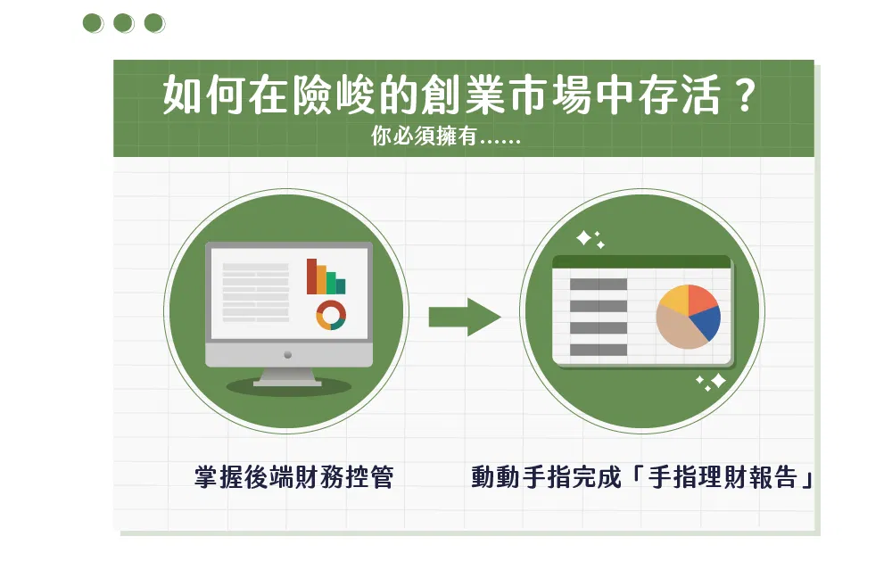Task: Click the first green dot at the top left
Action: (93, 23)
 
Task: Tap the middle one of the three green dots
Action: (123, 23)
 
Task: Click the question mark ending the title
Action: (744, 95)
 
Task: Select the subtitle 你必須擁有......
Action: (424, 136)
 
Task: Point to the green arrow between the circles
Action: (465, 317)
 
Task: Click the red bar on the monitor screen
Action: (311, 277)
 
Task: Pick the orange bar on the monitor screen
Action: (321, 280)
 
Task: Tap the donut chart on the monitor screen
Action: (331, 315)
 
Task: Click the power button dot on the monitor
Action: (288, 355)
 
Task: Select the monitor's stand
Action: (288, 376)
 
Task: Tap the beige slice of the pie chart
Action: (679, 330)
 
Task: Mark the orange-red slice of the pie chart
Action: (702, 299)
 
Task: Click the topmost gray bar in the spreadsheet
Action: (599, 285)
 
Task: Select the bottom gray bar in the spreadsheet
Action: (599, 350)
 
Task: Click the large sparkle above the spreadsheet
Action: (583, 238)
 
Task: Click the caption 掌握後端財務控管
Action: (293, 476)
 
